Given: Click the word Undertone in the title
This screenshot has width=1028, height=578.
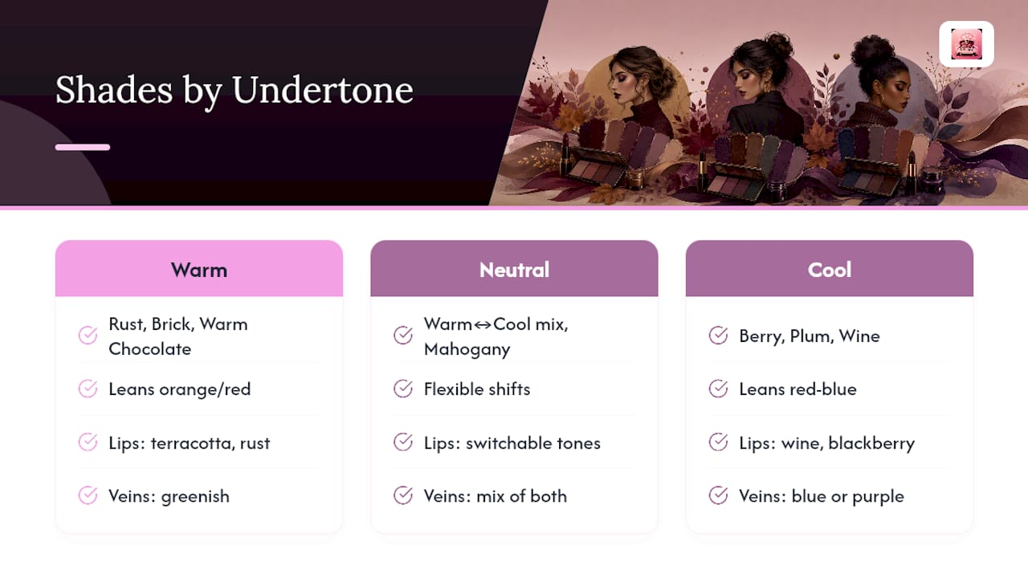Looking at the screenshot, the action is (322, 90).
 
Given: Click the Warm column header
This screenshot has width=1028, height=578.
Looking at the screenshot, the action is (198, 269).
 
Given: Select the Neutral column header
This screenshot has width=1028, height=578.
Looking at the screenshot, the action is (514, 269).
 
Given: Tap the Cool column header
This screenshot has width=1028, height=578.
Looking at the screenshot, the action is (830, 269).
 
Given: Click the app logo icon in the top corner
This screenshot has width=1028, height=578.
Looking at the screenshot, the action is (966, 44).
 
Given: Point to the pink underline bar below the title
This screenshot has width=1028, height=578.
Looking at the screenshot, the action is (83, 147).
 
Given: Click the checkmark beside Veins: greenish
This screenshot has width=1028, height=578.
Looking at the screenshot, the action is (88, 495).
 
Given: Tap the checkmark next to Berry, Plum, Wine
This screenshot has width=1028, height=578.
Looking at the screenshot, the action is (718, 336).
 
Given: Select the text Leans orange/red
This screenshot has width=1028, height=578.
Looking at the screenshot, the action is (179, 389).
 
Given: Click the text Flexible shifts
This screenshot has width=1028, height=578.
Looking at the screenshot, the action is (477, 389).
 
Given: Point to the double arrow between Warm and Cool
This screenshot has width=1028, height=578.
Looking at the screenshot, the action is (483, 325).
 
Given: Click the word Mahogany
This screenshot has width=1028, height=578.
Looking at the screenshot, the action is (467, 349).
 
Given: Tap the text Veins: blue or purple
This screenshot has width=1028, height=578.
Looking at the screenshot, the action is (822, 496).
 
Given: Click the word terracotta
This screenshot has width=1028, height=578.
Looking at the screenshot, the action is (193, 443).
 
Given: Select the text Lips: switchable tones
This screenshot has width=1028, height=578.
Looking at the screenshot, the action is (512, 443).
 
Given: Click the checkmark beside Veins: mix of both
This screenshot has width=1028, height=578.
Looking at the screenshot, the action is (403, 495).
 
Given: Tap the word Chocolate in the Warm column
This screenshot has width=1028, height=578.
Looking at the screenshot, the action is (149, 349).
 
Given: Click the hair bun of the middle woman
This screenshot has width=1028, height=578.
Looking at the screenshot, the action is (778, 44).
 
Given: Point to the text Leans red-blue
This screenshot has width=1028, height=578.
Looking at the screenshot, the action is (798, 389).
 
